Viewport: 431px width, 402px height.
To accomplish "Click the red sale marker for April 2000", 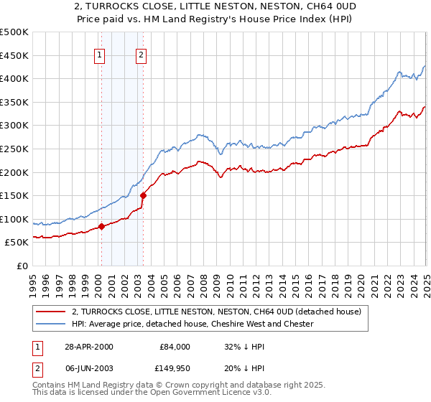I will click(x=101, y=226).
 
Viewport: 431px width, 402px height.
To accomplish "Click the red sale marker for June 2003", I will click(x=143, y=195).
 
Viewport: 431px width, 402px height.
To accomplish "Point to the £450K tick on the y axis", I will click(x=14, y=55).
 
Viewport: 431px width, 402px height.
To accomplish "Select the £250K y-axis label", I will click(x=14, y=149).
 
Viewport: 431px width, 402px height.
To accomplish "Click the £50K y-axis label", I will click(x=17, y=243).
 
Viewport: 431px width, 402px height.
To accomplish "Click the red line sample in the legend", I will click(x=50, y=312).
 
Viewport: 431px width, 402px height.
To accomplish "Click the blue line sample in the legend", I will click(x=50, y=324).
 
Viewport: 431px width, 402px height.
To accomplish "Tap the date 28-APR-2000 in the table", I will click(x=88, y=347).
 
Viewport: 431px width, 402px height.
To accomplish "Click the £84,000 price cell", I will click(x=175, y=347).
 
